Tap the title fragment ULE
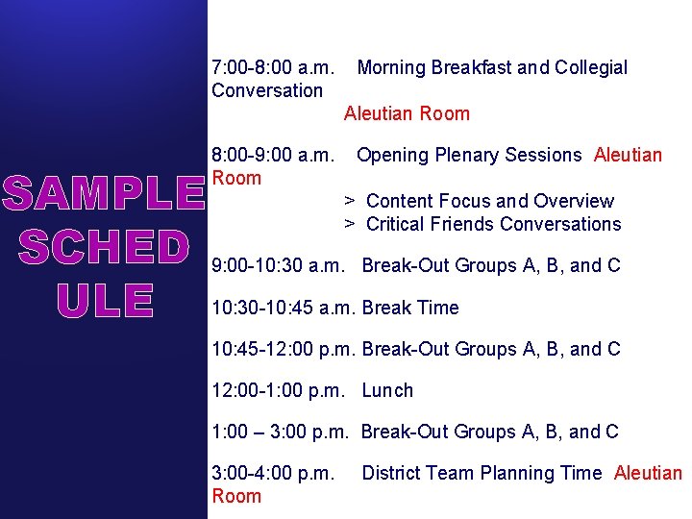(104, 301)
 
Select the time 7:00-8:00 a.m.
(273, 68)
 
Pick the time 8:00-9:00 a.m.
(273, 156)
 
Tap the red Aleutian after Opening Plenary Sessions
(628, 156)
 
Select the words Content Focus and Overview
(489, 202)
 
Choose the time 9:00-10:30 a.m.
(283, 266)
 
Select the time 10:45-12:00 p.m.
(284, 350)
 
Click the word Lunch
(387, 391)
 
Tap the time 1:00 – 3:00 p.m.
(283, 432)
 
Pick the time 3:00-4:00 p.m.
(273, 474)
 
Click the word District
(392, 474)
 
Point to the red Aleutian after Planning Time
(648, 474)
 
